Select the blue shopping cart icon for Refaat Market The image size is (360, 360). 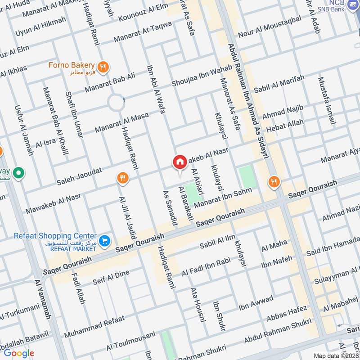pos(105,242)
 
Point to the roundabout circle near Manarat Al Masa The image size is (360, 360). pos(116,103)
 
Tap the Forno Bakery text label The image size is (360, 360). pos(72,65)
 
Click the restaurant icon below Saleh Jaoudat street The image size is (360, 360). pos(122,178)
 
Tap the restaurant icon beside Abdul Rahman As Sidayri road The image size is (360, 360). pos(273,182)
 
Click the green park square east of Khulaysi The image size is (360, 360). pos(246,176)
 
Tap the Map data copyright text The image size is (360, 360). pos(335,355)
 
